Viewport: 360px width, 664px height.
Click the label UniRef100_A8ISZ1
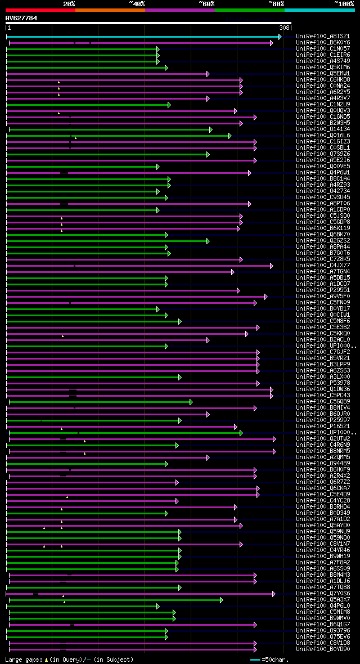tap(323, 37)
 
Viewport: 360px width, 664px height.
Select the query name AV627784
tap(21, 18)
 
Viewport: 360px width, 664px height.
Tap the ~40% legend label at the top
tap(137, 3)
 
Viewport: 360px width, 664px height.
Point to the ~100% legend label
tap(344, 3)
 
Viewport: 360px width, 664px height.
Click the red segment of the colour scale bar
tap(39, 10)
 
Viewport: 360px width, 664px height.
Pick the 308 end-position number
tap(284, 28)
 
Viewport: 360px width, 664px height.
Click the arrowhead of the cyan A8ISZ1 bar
tap(280, 37)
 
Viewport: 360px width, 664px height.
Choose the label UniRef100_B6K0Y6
tap(323, 43)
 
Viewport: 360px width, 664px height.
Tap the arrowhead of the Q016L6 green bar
tap(229, 136)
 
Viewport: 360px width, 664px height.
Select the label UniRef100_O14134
tap(323, 129)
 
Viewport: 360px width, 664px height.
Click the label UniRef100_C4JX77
tap(323, 266)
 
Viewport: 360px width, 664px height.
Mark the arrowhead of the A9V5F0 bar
tap(266, 297)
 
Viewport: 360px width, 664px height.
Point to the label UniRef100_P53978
tap(323, 383)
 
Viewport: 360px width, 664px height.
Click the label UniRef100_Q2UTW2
tap(323, 439)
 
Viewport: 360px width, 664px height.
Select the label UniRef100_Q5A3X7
tap(323, 600)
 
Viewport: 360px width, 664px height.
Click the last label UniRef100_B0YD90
tap(323, 649)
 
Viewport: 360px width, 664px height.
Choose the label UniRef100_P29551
tap(323, 290)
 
